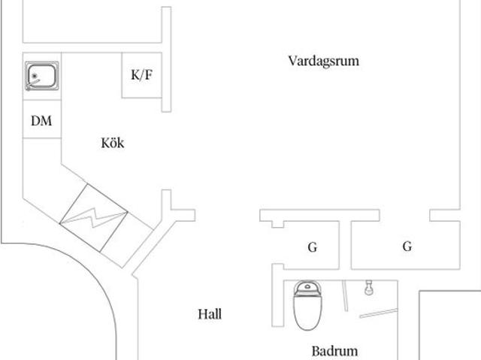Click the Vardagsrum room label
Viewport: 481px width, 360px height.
pyautogui.click(x=324, y=61)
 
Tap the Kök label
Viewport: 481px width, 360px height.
pyautogui.click(x=113, y=143)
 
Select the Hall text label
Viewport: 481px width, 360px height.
pyautogui.click(x=210, y=314)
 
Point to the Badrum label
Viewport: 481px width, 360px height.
pyautogui.click(x=334, y=351)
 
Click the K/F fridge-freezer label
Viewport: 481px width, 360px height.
pyautogui.click(x=141, y=75)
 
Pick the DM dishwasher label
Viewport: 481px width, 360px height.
pyautogui.click(x=41, y=121)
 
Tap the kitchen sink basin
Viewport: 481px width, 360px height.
pyautogui.click(x=42, y=76)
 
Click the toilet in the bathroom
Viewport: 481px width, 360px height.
pyautogui.click(x=307, y=306)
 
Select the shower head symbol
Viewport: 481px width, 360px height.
pyautogui.click(x=369, y=288)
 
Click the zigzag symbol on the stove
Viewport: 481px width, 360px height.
pyautogui.click(x=93, y=217)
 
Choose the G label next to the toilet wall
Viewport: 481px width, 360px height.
pyautogui.click(x=313, y=247)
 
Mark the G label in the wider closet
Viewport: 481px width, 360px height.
pyautogui.click(x=407, y=247)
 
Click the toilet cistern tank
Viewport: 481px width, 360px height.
pyautogui.click(x=307, y=289)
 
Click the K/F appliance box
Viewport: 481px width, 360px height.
pyautogui.click(x=142, y=75)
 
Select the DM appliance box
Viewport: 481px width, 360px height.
pyautogui.click(x=42, y=119)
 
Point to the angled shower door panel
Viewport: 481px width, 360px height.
pyautogui.click(x=379, y=313)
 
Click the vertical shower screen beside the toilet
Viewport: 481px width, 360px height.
pyautogui.click(x=346, y=295)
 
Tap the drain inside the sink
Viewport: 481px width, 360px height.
pyautogui.click(x=35, y=76)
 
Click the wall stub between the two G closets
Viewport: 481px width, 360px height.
pyautogui.click(x=345, y=245)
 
